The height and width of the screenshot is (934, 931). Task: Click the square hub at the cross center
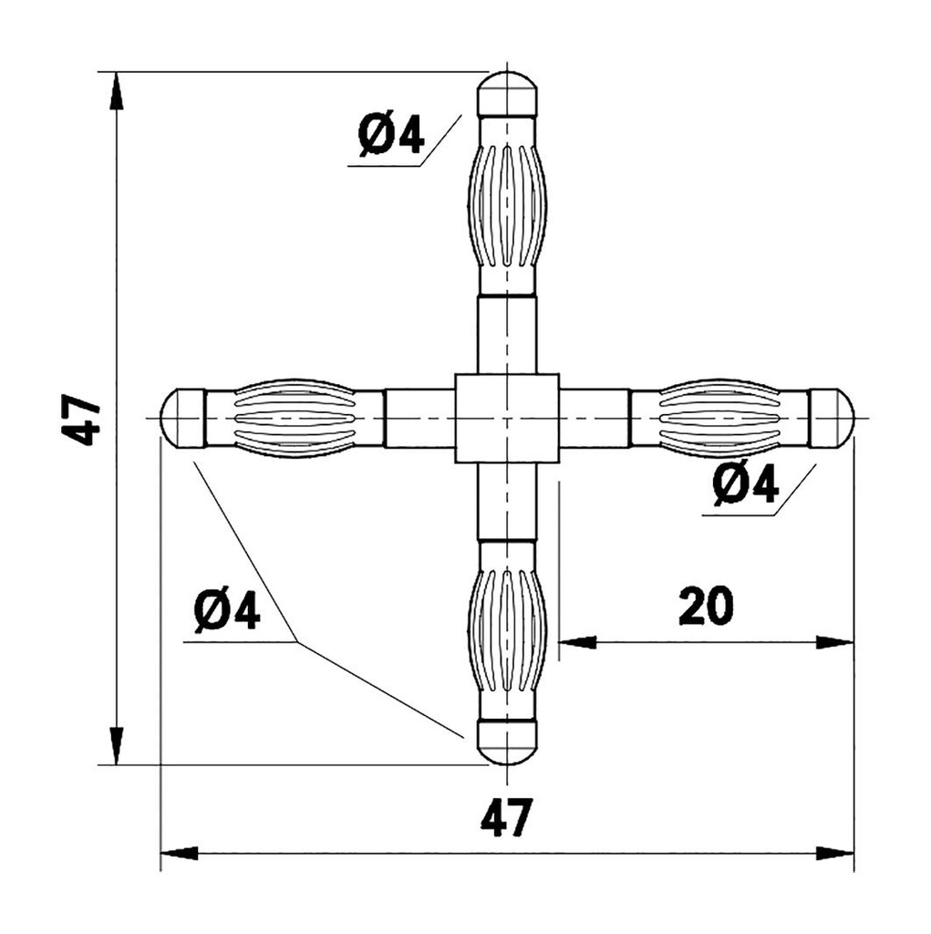[x=507, y=418]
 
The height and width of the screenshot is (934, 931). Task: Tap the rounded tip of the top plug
[x=507, y=92]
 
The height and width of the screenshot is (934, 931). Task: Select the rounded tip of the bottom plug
[x=507, y=742]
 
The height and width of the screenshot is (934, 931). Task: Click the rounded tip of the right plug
[x=831, y=418]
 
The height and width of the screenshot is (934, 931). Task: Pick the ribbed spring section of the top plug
[x=507, y=204]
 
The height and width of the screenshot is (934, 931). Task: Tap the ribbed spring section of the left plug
[x=295, y=418]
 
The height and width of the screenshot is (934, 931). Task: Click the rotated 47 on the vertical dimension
[x=84, y=420]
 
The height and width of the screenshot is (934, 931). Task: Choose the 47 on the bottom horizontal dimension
[x=506, y=818]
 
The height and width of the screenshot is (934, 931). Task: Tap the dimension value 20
[x=706, y=607]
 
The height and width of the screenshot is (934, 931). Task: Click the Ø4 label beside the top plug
[x=391, y=136]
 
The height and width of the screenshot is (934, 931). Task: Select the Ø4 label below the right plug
[x=747, y=484]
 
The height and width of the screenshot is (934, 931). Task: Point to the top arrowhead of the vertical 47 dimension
[x=116, y=91]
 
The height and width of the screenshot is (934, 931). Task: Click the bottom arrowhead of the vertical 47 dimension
[x=116, y=745]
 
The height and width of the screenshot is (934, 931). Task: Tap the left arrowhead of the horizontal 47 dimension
[x=179, y=854]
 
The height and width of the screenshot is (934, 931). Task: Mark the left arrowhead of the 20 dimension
[x=576, y=643]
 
